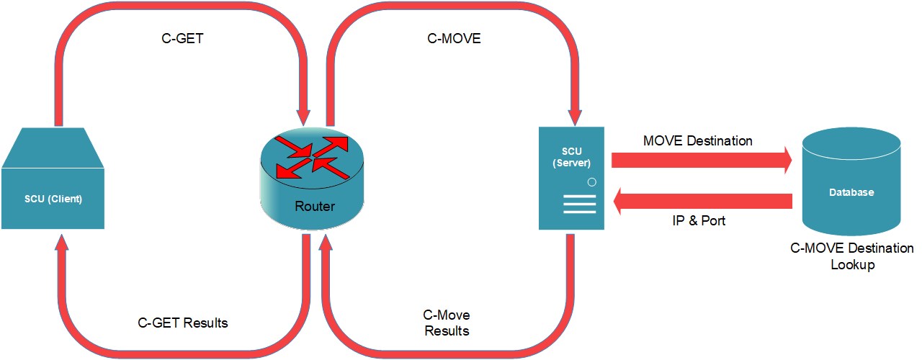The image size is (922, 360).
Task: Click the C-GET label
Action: coord(182,39)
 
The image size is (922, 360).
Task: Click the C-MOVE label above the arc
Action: coord(454,39)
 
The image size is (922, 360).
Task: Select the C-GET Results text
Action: coord(183,323)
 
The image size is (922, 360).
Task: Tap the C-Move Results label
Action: coord(446,323)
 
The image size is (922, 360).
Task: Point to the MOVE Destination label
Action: coord(697,141)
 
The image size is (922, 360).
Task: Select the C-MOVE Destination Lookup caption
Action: coord(852,256)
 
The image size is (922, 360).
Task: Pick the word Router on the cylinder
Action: coord(315,207)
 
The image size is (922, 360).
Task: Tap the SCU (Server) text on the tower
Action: coord(571,158)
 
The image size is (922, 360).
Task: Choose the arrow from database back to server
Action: coord(702,201)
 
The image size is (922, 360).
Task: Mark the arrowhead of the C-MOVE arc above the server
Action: coord(574,117)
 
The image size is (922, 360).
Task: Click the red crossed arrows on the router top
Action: coord(311,156)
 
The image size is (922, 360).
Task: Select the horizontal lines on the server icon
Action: coord(580,204)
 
